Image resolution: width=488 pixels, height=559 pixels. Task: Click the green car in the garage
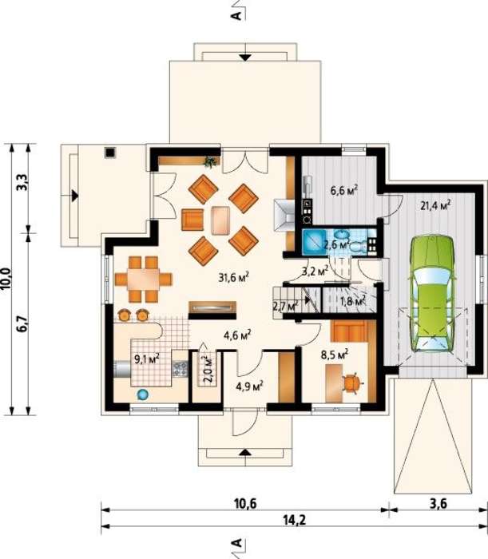(x=431, y=295)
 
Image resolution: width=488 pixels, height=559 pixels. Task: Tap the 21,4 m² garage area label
(x=435, y=205)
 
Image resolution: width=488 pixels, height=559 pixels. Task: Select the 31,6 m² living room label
(x=233, y=277)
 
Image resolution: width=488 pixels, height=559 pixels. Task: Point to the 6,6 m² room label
(x=343, y=190)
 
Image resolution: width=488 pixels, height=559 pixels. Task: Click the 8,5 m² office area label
(x=335, y=355)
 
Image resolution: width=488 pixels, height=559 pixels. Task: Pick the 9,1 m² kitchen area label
(x=146, y=359)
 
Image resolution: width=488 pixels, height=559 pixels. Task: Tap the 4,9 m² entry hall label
(x=249, y=386)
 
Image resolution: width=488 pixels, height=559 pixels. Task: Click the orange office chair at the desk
(x=353, y=383)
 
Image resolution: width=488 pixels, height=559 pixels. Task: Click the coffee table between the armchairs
(x=220, y=220)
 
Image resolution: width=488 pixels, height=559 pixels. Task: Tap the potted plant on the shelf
(x=210, y=162)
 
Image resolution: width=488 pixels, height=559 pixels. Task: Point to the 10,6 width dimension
(x=245, y=504)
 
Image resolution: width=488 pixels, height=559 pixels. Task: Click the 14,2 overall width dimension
(x=295, y=521)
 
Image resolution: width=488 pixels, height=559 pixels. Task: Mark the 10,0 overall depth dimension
(x=7, y=279)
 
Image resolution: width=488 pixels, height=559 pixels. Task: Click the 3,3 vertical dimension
(x=22, y=182)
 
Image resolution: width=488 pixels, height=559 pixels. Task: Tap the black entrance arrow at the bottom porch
(x=245, y=453)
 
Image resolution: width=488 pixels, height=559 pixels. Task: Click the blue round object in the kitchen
(x=143, y=394)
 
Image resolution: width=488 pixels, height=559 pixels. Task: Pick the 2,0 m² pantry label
(x=208, y=369)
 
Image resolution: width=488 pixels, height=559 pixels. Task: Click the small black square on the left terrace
(x=110, y=153)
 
